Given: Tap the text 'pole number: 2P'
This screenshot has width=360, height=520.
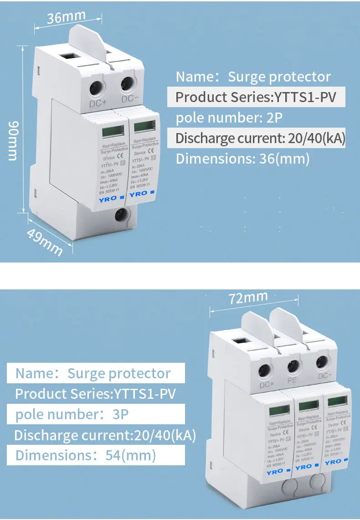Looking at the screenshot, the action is tap(229, 118).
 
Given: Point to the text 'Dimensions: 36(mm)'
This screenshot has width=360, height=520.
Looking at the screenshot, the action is tap(242, 159).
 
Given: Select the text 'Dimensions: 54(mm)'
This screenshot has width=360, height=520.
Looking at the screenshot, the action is tap(86, 455).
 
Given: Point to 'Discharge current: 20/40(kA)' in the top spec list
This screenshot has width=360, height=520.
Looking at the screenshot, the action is tap(260, 138).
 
